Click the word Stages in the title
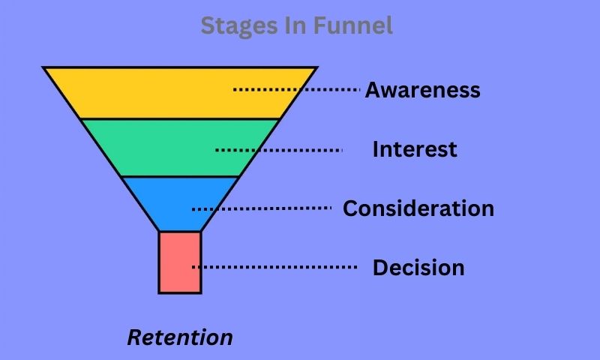[x=239, y=26]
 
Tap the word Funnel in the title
[x=353, y=25]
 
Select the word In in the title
[x=295, y=25]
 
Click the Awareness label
[x=423, y=90]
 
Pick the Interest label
[x=415, y=149]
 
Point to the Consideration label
[x=418, y=208]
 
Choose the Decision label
[x=418, y=268]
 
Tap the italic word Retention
[x=180, y=337]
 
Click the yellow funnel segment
[x=180, y=93]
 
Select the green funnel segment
[x=180, y=148]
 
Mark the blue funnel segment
[x=180, y=204]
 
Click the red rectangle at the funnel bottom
[x=180, y=262]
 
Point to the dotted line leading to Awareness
[x=296, y=89]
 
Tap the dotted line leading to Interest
[x=278, y=150]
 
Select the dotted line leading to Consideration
[x=262, y=208]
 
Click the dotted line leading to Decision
[x=274, y=267]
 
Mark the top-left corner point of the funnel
[x=43, y=67]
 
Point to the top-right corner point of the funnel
[x=317, y=67]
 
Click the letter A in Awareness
[x=373, y=90]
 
